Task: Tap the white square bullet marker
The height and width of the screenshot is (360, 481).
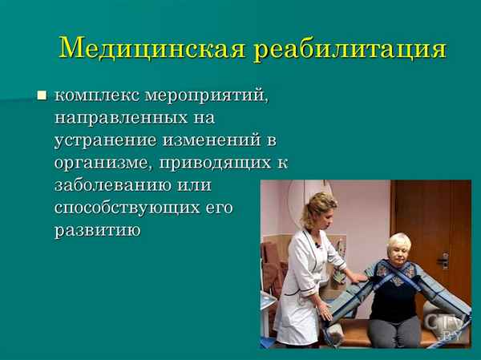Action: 42,96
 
